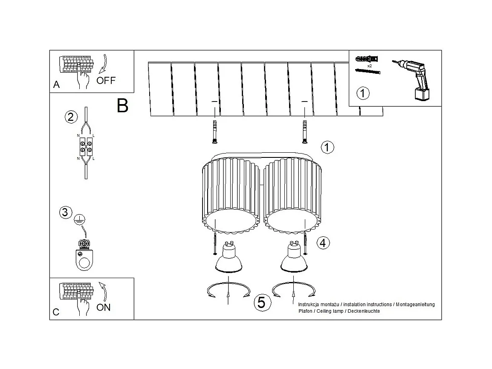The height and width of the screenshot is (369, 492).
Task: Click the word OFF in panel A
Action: pos(106,80)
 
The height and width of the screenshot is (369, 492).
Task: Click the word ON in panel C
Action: pos(104,307)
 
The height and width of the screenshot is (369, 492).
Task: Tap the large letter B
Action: pos(122,105)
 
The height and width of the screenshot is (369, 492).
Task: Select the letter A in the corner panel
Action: pos(56,85)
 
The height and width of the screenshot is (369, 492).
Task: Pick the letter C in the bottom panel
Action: pos(56,312)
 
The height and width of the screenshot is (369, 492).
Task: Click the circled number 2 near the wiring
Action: pos(71,116)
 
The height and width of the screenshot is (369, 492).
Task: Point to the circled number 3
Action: pos(65,212)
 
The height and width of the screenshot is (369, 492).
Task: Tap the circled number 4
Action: pos(323,243)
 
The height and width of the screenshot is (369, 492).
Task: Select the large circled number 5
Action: pos(262,302)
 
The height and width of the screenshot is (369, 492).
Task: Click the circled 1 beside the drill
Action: pos(362,93)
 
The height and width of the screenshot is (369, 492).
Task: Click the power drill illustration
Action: pos(414,79)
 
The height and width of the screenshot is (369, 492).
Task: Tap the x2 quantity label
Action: pos(369,66)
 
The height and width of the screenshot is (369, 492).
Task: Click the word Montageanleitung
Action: pos(416,305)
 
